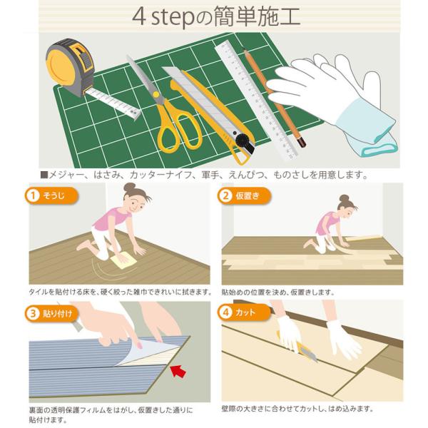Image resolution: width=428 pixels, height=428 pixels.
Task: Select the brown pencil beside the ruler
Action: [274, 98]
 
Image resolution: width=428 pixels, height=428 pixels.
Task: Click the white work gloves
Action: [333, 102]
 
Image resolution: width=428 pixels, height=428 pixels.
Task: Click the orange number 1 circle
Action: [33, 195]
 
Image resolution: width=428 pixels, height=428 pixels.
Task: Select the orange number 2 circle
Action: [225, 195]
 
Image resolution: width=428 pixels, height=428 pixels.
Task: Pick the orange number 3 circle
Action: [33, 313]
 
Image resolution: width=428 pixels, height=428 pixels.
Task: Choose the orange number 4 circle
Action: [225, 312]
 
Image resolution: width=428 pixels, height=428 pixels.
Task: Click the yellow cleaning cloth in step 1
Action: [123, 260]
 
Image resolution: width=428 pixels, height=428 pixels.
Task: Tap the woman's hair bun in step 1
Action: [129, 187]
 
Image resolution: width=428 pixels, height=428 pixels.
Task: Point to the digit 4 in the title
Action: [138, 17]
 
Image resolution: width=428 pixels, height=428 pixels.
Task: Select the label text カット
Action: [245, 312]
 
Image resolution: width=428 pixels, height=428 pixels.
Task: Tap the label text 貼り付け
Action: [58, 313]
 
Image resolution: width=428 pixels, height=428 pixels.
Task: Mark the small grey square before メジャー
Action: [44, 175]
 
